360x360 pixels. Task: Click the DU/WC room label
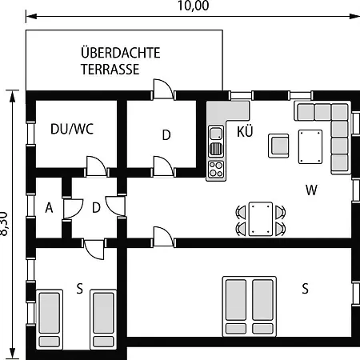point(72,129)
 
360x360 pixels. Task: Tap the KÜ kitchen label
point(245,131)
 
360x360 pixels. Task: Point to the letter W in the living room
point(311,190)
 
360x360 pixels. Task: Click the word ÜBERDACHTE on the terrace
point(121,52)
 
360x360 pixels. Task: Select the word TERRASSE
point(110,70)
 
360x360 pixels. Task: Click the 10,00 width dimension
point(194,6)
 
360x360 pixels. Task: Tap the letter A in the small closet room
point(49,208)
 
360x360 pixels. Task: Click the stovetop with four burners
point(216,169)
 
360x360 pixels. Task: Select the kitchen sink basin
point(216,134)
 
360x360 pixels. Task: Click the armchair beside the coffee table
point(278,146)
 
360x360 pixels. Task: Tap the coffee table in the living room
point(310,146)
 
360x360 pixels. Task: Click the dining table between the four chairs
point(261,219)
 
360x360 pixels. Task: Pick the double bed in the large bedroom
point(250,306)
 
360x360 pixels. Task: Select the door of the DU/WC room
point(97,166)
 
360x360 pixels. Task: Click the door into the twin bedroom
point(94,250)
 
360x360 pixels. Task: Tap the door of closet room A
point(73,209)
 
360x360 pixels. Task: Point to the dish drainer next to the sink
point(216,149)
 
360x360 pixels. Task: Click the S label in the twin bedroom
point(79,289)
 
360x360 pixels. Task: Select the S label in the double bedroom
point(305,289)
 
